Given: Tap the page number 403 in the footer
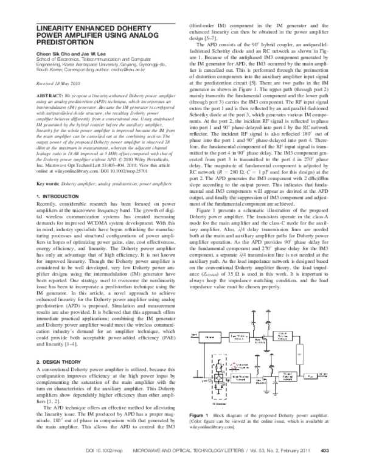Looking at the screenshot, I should [324, 451].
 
